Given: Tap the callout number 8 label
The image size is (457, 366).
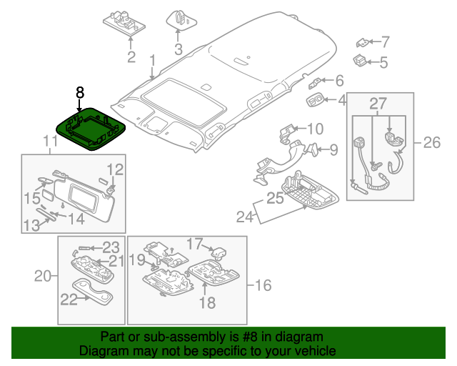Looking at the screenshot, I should point(80,92).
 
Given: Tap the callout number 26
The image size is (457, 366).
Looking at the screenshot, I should point(431,143).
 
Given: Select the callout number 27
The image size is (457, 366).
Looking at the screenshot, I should point(377,106).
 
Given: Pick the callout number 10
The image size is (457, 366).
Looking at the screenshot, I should point(315,129).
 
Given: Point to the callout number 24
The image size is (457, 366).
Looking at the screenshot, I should point(244,216).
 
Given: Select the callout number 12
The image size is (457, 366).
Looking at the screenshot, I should point(114,169).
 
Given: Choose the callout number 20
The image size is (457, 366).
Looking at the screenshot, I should point(44,275).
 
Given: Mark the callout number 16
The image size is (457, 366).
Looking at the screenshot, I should point(263,286).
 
